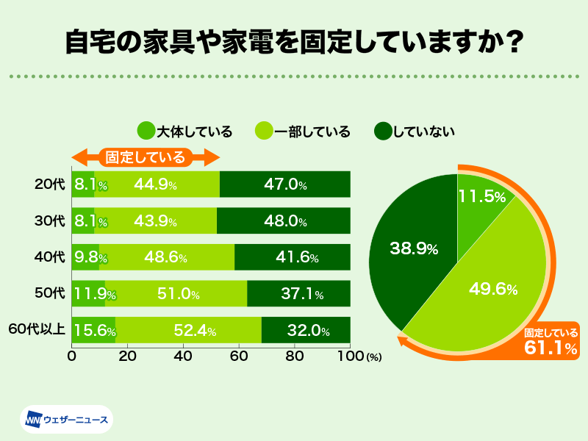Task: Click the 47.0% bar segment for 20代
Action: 284,184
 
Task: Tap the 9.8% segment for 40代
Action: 85,257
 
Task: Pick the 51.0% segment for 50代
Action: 176,294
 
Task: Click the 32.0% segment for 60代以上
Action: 305,331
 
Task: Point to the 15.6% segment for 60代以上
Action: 93,331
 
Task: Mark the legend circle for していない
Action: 382,132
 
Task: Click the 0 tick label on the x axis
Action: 72,356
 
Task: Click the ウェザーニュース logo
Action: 66,420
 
